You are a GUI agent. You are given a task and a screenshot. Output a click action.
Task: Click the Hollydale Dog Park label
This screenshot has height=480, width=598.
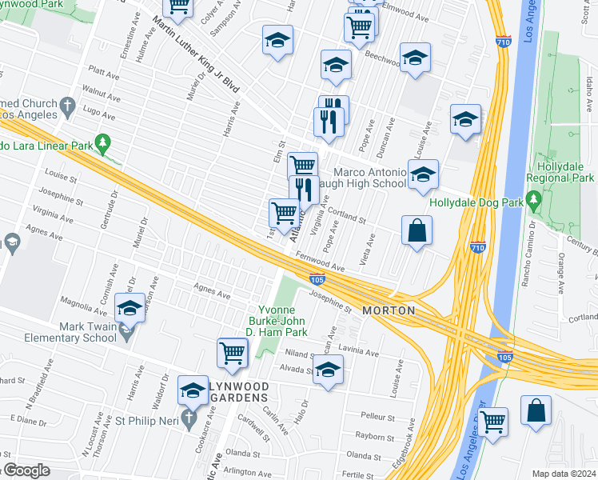tap(476, 203)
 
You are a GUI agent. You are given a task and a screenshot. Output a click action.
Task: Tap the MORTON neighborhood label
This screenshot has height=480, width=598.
tap(389, 310)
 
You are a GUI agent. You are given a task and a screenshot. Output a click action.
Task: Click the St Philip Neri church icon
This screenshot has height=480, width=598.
tap(190, 418)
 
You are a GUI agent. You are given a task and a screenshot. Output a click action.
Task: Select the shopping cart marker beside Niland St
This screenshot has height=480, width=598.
tap(232, 352)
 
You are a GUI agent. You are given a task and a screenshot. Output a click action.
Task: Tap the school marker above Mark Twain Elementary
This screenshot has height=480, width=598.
tap(130, 307)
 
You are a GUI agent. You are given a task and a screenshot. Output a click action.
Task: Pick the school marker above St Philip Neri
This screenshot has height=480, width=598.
tap(193, 390)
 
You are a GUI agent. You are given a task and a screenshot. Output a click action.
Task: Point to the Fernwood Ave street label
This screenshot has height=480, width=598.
tap(320, 262)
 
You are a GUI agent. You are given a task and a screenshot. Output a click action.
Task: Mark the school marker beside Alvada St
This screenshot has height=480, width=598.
tap(328, 370)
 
